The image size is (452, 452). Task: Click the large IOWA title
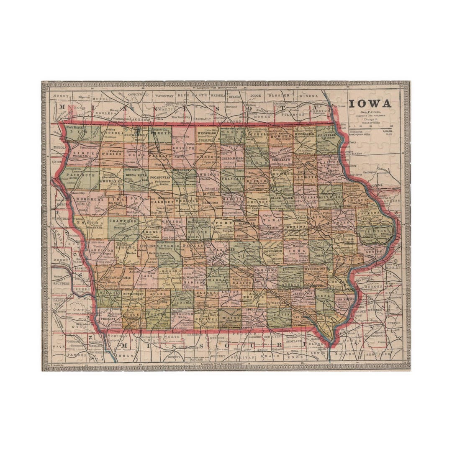370,104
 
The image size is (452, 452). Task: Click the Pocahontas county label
160,177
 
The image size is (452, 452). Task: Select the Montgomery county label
133,294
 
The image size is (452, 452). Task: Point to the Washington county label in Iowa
315,268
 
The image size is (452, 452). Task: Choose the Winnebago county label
206,134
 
